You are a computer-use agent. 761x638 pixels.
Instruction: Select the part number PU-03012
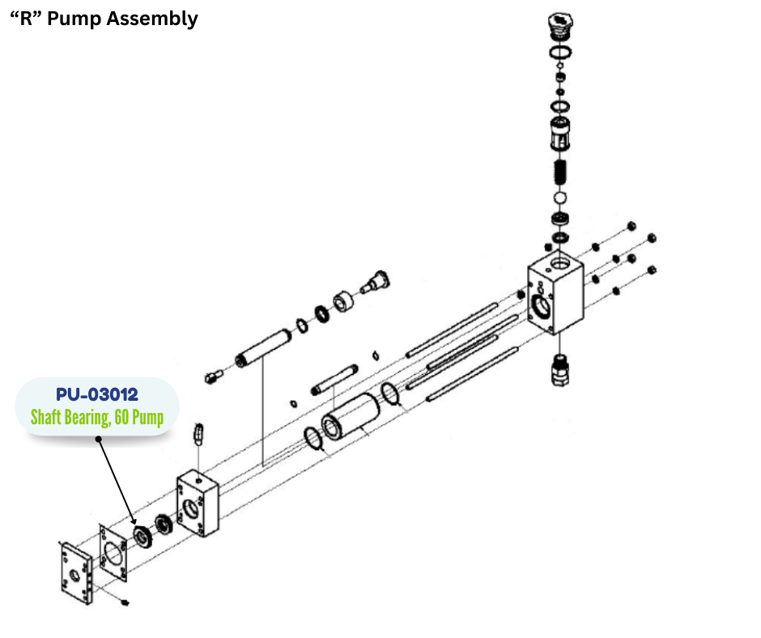(97, 395)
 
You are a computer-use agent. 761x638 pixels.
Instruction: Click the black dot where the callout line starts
(98, 440)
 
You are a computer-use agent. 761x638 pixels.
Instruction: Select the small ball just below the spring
(559, 198)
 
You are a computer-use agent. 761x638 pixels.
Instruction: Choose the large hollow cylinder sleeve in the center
(347, 415)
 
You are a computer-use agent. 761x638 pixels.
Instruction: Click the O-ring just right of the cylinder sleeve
(390, 395)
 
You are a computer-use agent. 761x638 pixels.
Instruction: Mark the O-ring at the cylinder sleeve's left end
(315, 441)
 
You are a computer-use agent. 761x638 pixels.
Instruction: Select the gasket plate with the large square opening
(113, 555)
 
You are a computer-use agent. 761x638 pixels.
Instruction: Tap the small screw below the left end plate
(124, 602)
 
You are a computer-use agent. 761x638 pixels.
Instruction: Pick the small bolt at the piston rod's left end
(213, 375)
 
